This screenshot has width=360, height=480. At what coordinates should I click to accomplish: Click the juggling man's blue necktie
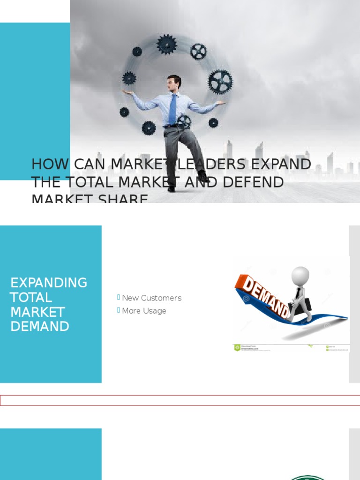[172, 109]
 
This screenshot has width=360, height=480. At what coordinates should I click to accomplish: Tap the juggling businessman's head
[173, 83]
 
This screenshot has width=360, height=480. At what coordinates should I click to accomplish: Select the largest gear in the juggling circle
[219, 82]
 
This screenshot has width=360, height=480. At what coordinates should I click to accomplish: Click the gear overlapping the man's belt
[184, 121]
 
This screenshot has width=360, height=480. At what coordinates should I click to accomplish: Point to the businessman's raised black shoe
[203, 177]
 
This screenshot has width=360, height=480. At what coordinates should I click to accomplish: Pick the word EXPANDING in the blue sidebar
[49, 283]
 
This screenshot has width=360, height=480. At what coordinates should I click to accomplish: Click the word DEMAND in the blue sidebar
[40, 326]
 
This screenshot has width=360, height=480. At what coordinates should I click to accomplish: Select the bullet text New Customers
[151, 298]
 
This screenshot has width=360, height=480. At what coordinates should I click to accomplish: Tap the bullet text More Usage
[144, 311]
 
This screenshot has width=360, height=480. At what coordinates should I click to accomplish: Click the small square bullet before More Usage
[119, 310]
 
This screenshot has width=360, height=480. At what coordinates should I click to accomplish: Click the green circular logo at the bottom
[307, 478]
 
